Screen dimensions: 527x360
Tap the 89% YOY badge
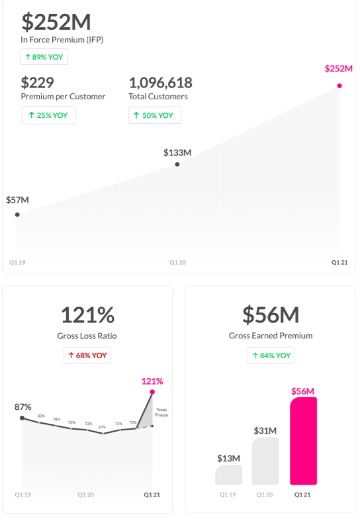click(44, 57)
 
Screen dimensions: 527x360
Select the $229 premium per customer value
click(38, 83)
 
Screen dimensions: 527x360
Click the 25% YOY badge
click(48, 115)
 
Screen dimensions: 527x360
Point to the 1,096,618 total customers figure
click(160, 83)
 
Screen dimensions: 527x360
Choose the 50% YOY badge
click(154, 115)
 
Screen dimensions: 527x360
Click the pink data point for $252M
click(339, 85)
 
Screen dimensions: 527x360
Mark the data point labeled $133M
click(177, 164)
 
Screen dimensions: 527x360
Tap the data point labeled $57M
click(17, 215)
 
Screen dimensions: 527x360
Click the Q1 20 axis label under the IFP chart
click(177, 263)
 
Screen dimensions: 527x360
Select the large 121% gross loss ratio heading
click(87, 314)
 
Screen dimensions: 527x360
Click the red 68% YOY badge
click(87, 356)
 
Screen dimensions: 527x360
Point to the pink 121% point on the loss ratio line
click(152, 392)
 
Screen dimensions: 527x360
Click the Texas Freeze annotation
click(162, 412)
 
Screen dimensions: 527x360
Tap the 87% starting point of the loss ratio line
click(22, 418)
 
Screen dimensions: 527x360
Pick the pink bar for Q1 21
click(304, 441)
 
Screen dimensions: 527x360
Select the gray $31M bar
click(265, 461)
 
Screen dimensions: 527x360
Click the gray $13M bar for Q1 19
click(228, 475)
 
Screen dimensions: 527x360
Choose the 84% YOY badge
click(271, 356)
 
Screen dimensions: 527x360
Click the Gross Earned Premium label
click(270, 336)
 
